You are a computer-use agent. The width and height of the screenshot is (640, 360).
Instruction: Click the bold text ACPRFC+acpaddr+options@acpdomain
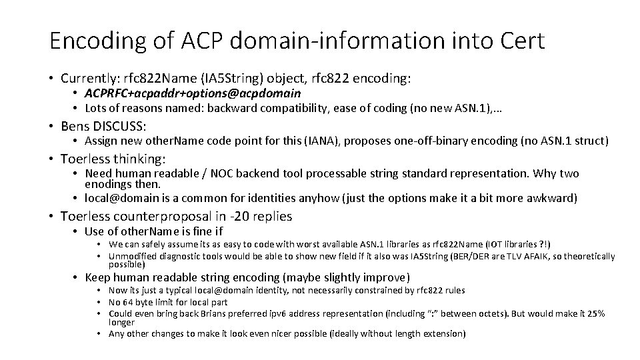(x=193, y=93)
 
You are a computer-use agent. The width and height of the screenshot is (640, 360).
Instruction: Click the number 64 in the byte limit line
(x=130, y=302)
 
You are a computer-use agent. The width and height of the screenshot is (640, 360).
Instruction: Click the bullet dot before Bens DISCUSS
(x=51, y=126)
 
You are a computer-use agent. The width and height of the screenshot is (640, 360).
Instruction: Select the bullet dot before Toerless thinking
(x=51, y=159)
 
